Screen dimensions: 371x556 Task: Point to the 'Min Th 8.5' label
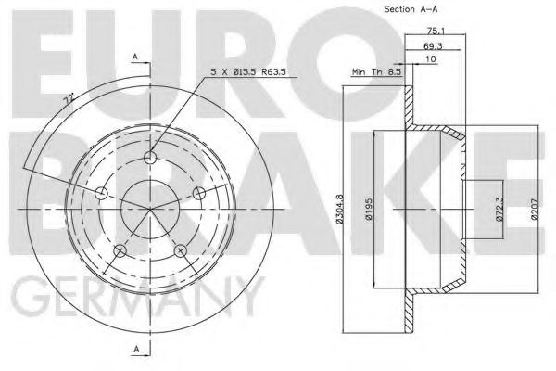(x=375, y=71)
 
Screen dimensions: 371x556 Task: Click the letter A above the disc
(x=136, y=58)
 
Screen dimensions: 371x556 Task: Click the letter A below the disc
(x=136, y=349)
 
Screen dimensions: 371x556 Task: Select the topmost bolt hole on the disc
(x=150, y=159)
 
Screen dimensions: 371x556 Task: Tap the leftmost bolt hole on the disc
(x=101, y=194)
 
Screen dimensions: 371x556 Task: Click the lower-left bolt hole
(x=120, y=250)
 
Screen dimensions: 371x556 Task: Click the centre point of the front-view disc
(x=150, y=209)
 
